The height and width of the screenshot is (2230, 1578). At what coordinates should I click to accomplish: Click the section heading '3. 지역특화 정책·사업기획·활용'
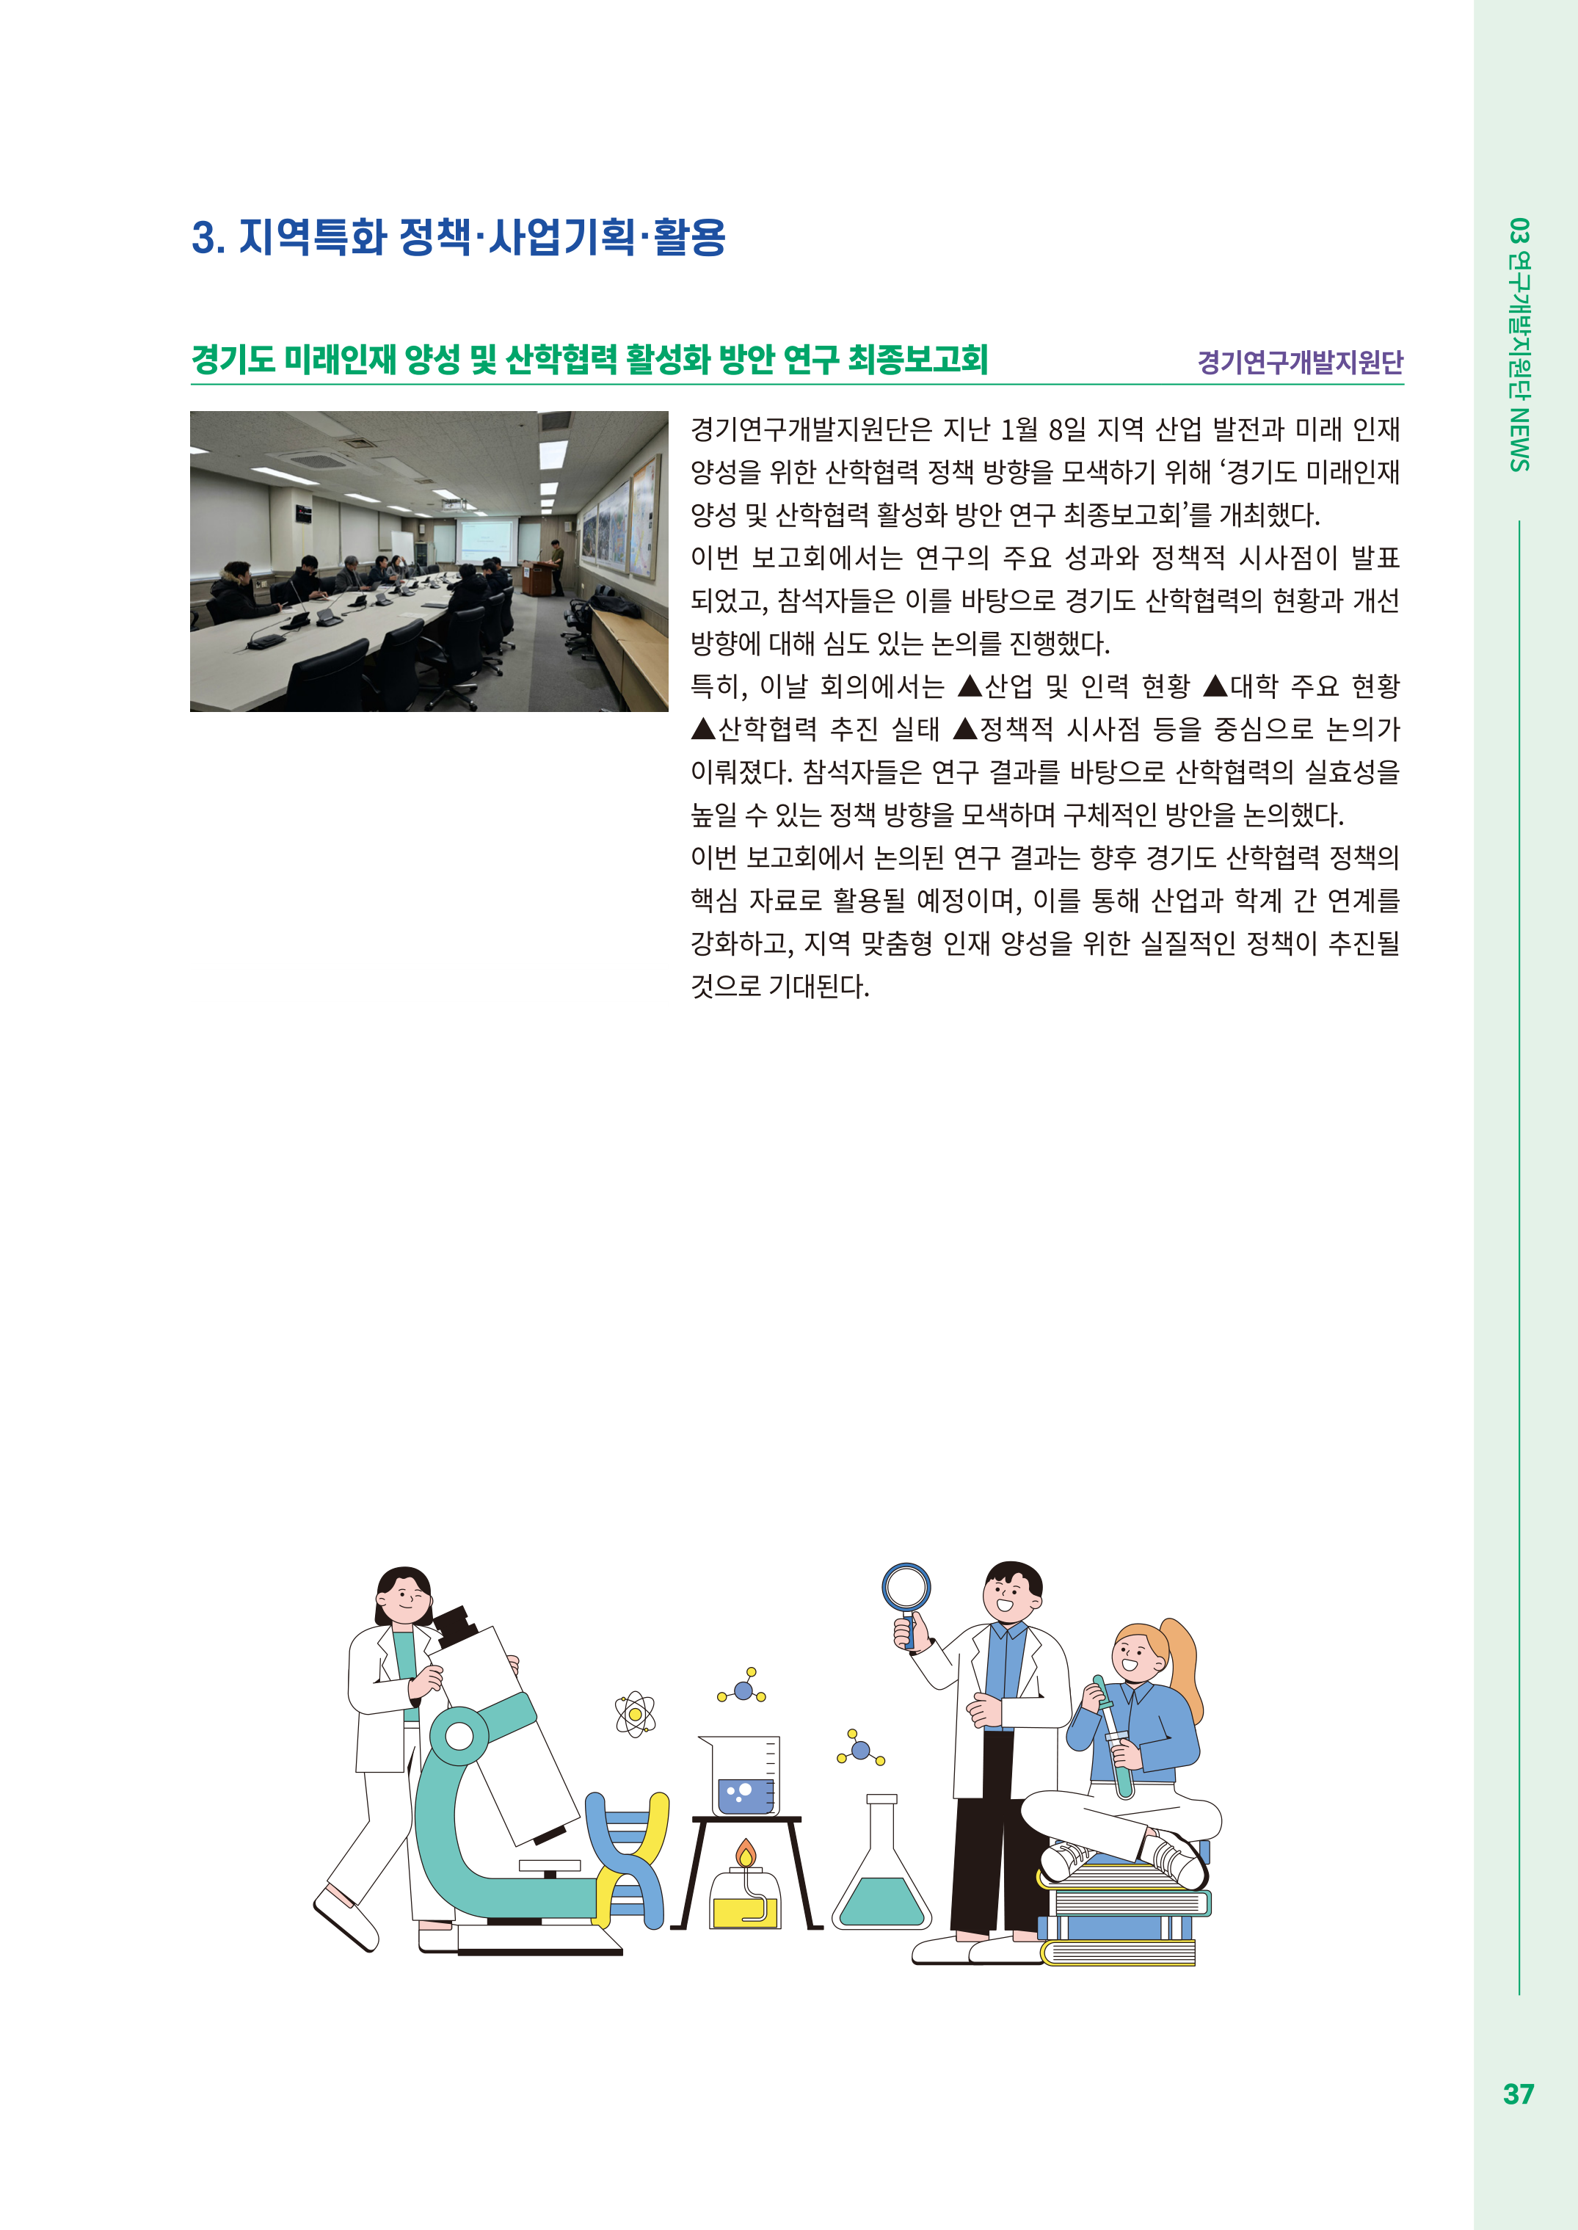(x=459, y=237)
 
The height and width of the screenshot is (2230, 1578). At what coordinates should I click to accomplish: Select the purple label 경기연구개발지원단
(x=1300, y=363)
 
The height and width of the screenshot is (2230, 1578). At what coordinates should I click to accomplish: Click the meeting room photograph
(x=429, y=562)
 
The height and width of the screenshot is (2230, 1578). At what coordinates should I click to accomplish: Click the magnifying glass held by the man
(x=906, y=1602)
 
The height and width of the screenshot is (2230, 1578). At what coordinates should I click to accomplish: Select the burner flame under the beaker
(x=745, y=1851)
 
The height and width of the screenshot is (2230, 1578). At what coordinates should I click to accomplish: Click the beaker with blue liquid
(x=741, y=1775)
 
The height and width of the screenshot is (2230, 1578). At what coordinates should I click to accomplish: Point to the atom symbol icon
(x=636, y=1714)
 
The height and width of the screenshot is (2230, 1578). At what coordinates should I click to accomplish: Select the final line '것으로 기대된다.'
(x=779, y=987)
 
